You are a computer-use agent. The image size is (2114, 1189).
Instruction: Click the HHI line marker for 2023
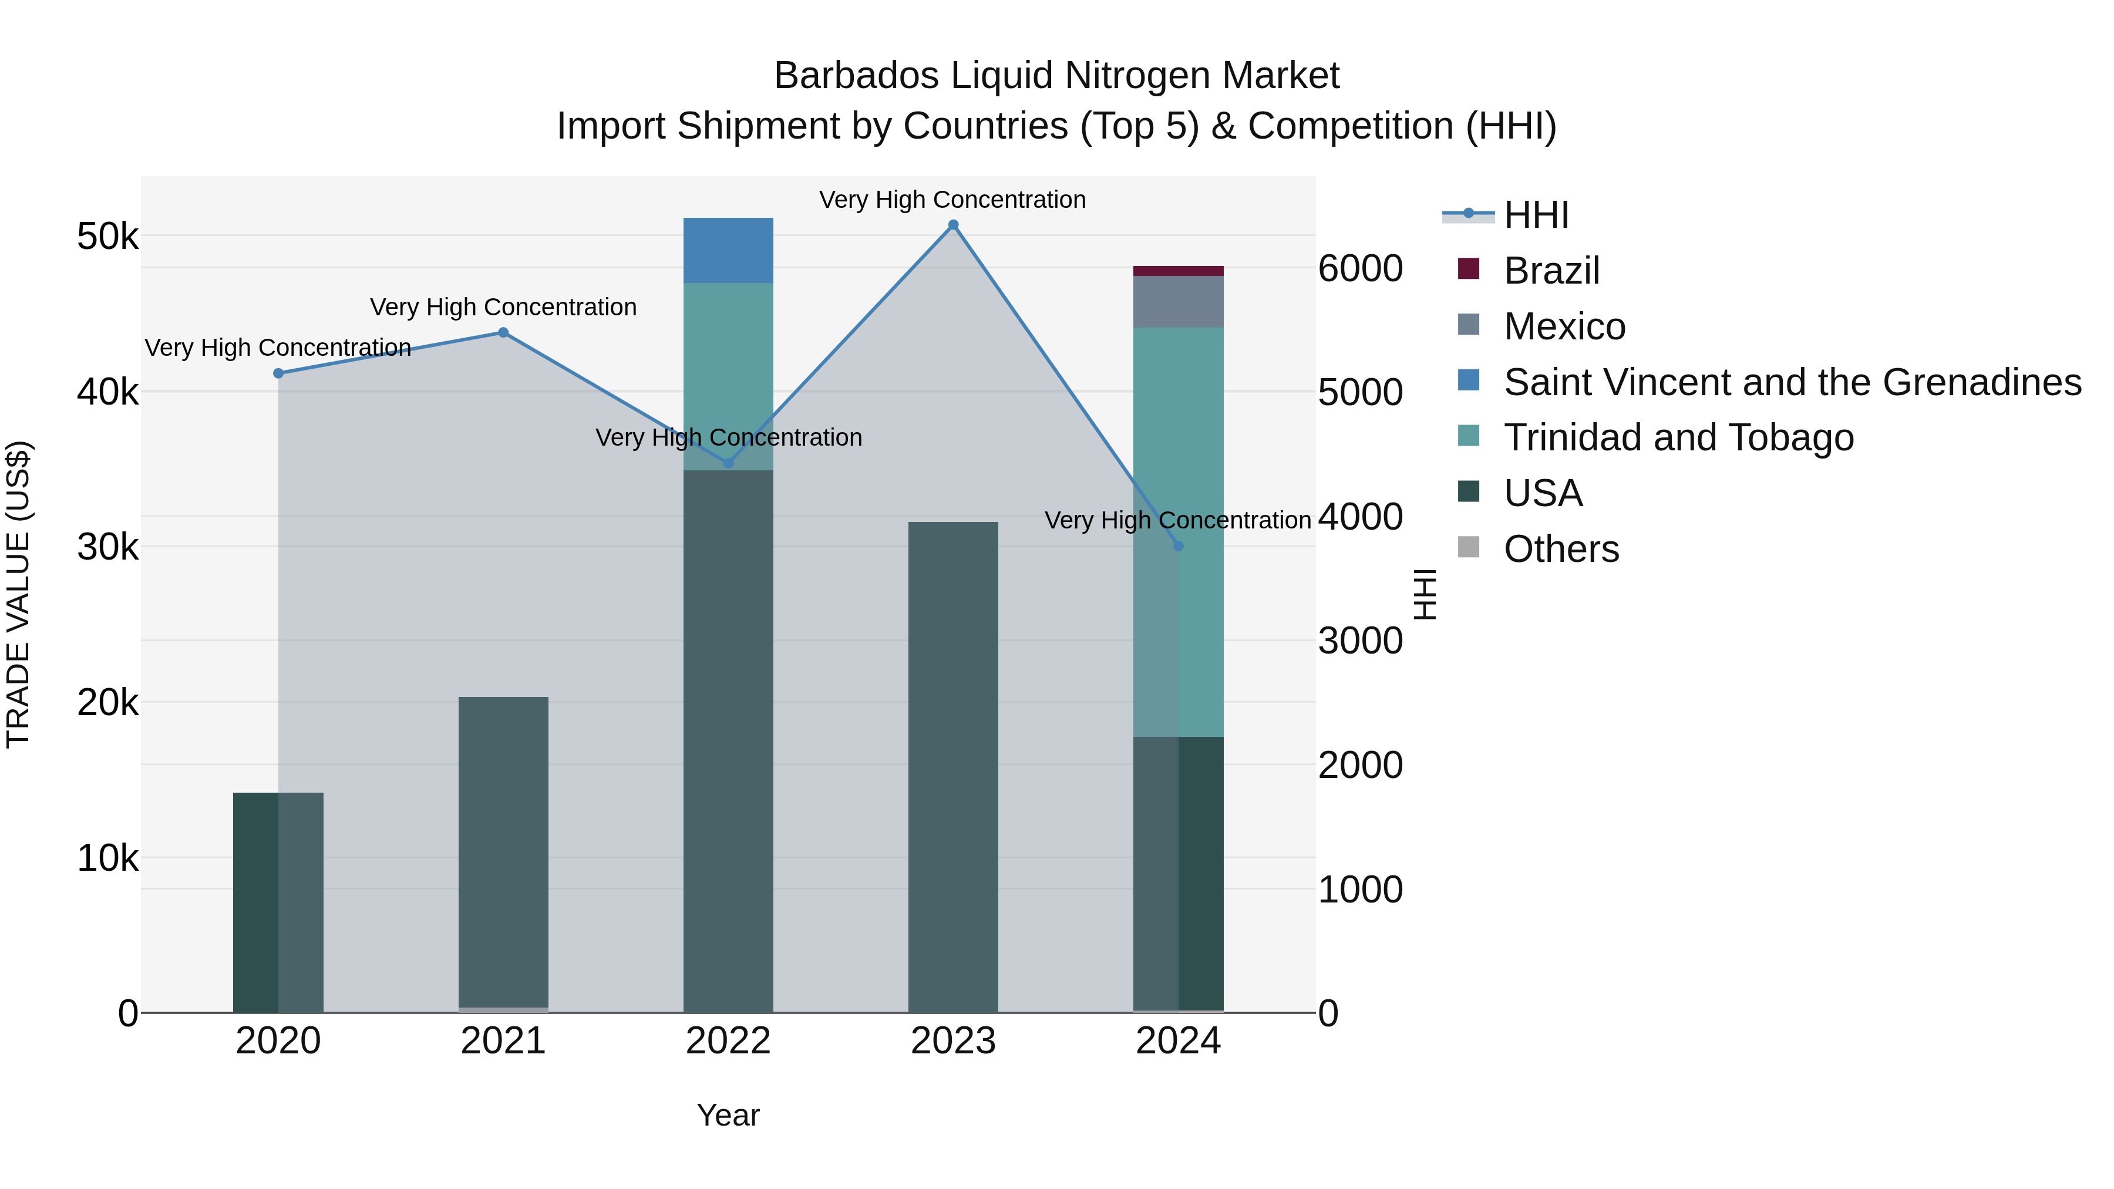pos(953,225)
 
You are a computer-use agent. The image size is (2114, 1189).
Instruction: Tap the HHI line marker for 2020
pos(278,373)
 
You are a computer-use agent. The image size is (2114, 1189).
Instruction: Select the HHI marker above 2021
pos(503,332)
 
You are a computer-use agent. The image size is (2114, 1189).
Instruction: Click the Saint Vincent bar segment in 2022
pos(728,250)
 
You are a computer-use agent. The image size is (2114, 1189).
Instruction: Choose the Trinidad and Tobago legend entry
pos(1678,437)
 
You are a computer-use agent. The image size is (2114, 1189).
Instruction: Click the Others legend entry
pos(1561,549)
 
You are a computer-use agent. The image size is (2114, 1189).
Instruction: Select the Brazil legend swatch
pos(1468,269)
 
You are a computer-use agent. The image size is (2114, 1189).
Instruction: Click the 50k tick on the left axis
pos(108,237)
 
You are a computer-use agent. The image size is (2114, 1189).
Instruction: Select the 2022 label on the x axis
pos(728,1041)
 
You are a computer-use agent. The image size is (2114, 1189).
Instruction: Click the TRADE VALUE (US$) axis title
pos(18,594)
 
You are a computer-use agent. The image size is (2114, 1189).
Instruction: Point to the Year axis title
pos(728,1115)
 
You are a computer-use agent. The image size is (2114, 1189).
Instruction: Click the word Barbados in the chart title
pos(856,76)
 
